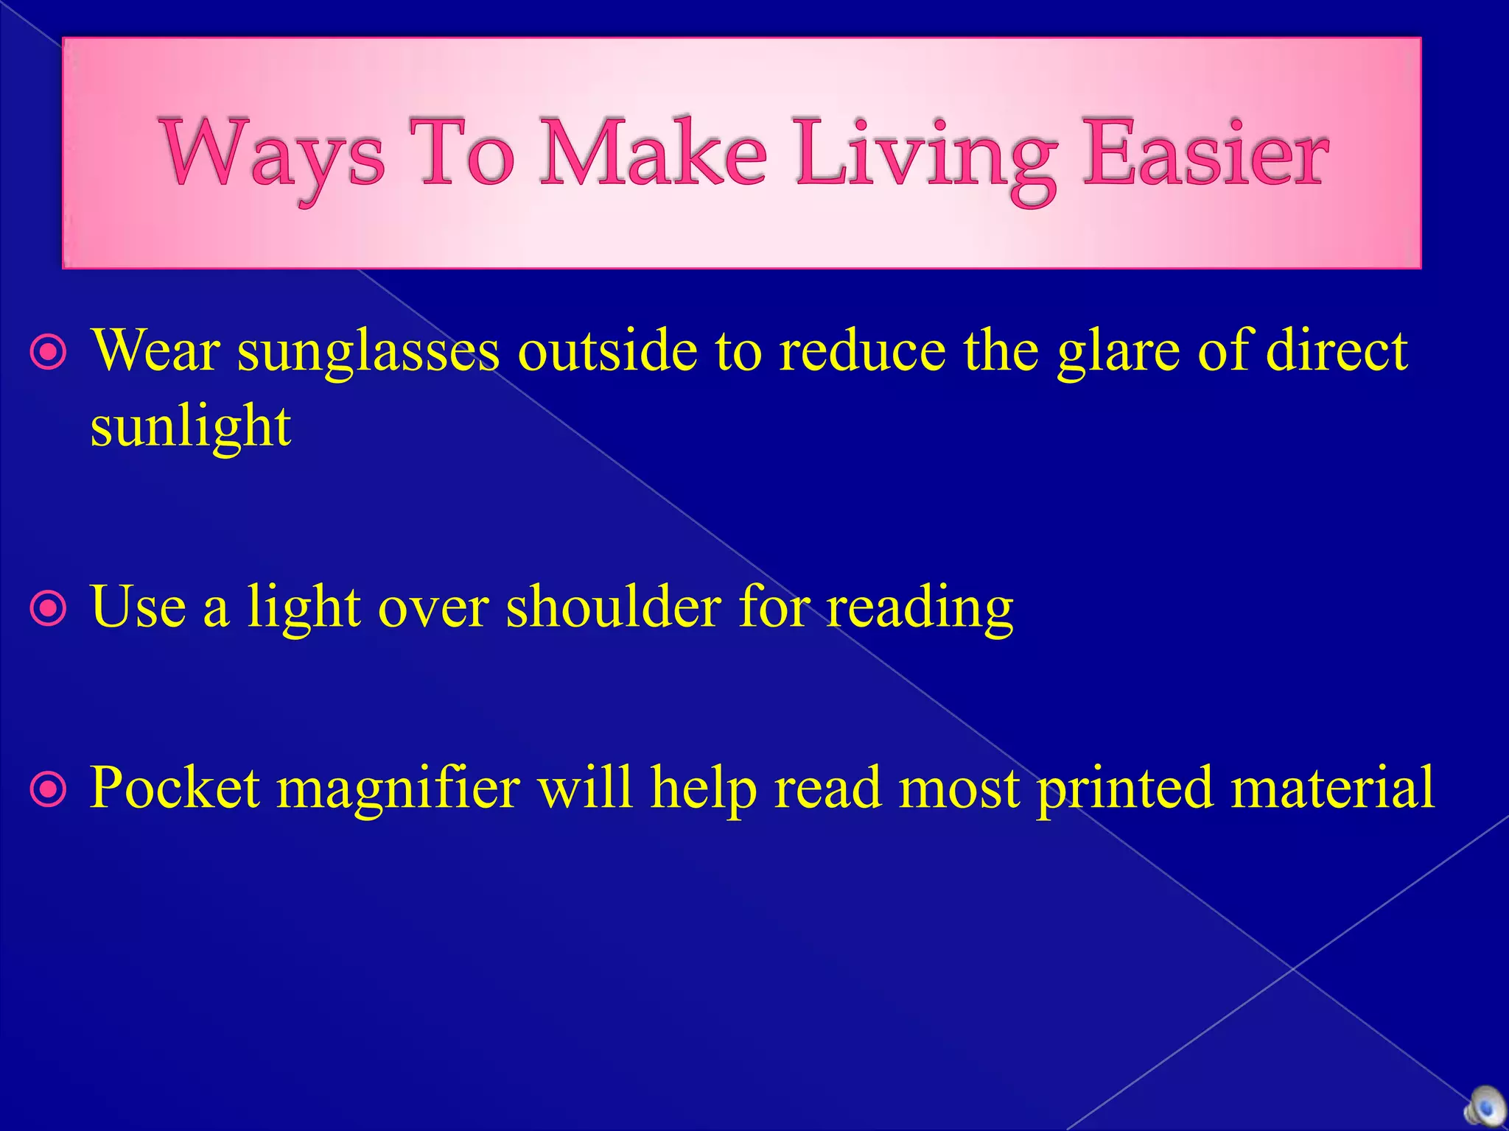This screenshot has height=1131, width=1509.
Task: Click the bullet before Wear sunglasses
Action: (49, 354)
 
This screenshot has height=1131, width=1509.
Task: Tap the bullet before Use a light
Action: (49, 609)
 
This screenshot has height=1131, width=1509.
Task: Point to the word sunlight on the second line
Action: (190, 427)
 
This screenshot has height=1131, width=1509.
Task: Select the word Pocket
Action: (175, 788)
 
